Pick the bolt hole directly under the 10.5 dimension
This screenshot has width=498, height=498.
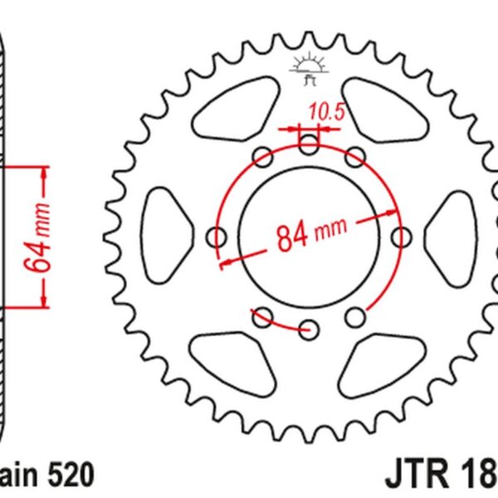(310, 146)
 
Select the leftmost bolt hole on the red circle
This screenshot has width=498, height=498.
(219, 237)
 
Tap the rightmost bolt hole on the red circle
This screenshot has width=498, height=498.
(403, 237)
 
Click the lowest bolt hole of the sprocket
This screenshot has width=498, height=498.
(310, 328)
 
